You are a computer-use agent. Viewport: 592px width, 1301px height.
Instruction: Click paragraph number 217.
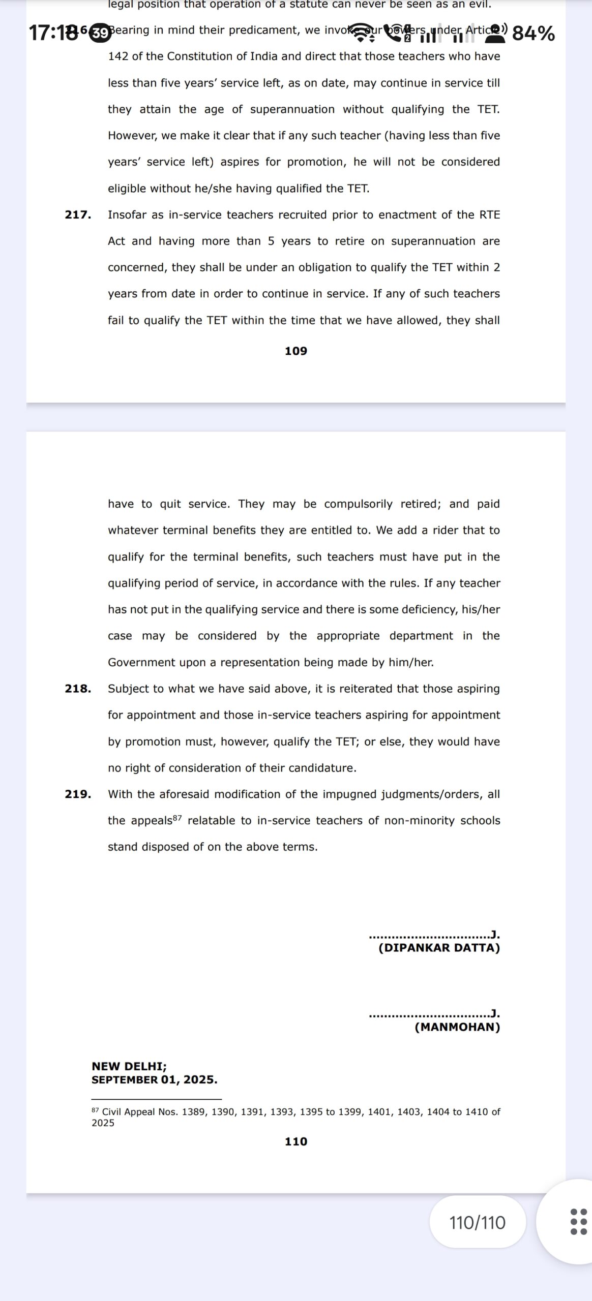point(78,214)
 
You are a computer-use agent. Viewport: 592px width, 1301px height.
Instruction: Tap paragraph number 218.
point(78,689)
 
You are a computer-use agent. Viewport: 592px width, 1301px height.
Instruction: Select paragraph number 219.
point(78,794)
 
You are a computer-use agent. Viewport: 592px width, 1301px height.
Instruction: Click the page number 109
point(296,351)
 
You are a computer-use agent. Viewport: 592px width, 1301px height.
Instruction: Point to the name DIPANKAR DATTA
point(439,948)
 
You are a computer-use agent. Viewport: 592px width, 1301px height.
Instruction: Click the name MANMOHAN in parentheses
point(457,1027)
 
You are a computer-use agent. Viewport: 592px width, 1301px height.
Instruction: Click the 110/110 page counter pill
point(477,1222)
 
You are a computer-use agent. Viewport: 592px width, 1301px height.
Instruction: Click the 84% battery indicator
point(533,34)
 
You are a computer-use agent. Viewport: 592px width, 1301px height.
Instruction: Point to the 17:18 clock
point(53,34)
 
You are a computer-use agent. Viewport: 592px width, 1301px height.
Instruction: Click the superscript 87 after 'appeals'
point(177,818)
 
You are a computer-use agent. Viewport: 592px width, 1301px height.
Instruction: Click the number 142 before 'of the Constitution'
point(118,56)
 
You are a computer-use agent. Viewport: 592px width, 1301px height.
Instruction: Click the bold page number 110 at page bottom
point(296,1141)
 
